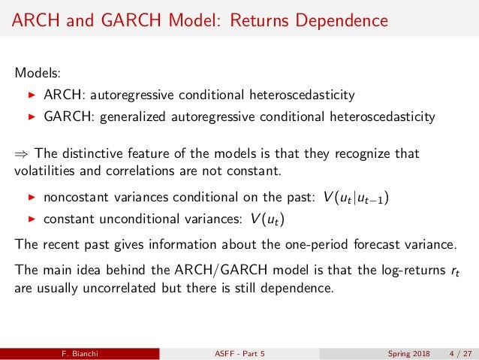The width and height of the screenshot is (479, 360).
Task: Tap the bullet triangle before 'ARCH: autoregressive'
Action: click(x=31, y=95)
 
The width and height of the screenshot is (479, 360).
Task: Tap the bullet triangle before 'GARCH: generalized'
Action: click(x=31, y=117)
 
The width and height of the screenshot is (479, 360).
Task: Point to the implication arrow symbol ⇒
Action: click(x=21, y=154)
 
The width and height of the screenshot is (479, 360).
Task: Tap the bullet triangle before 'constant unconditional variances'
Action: click(x=31, y=219)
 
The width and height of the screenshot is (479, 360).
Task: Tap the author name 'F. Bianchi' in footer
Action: click(x=80, y=352)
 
